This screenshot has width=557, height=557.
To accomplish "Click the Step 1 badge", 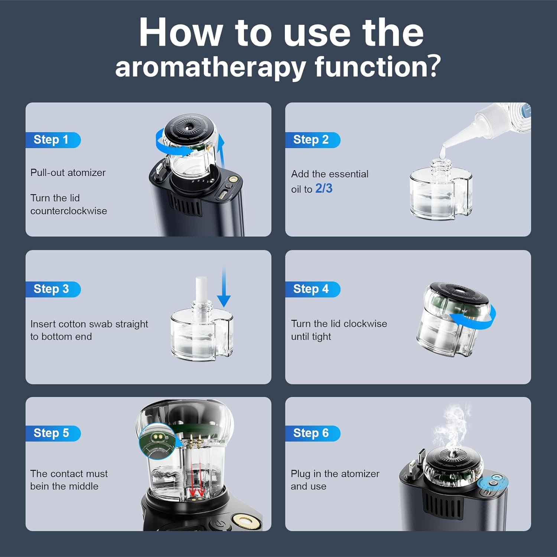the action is (x=53, y=140).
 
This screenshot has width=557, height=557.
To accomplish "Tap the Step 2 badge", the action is (x=313, y=140).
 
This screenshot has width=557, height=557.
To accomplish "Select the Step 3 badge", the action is (x=53, y=289).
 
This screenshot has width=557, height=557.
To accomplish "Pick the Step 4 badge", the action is (x=313, y=289).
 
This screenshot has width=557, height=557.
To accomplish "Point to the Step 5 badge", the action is (x=53, y=433).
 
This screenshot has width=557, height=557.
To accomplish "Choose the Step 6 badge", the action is (x=313, y=433).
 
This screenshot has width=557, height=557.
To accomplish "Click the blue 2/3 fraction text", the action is (x=324, y=189).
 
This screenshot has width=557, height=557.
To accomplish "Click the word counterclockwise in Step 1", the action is (x=69, y=211).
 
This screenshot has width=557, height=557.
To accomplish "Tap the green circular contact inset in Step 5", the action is (x=157, y=441).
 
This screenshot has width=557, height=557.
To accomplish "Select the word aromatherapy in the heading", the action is (x=211, y=68).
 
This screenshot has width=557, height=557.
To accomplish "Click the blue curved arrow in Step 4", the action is (x=473, y=316).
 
